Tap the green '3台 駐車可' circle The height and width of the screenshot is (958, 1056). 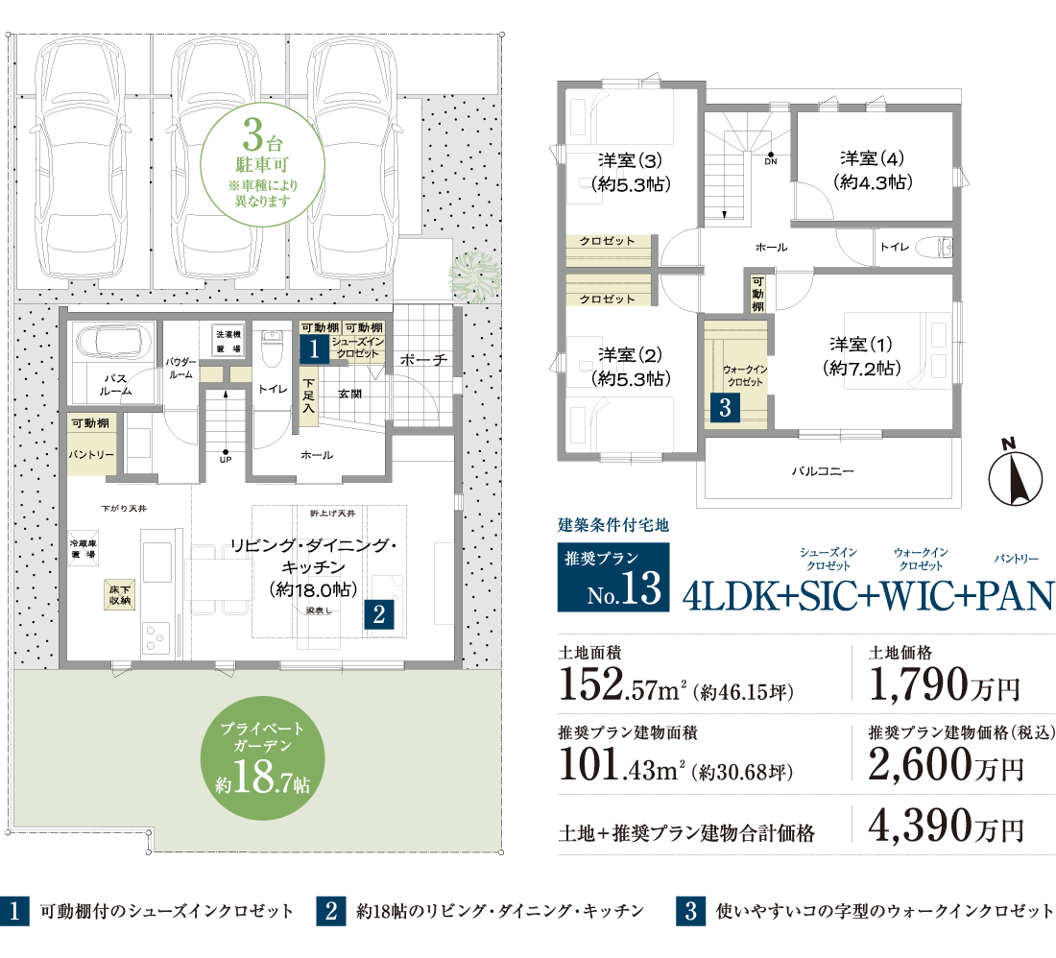[x=263, y=164]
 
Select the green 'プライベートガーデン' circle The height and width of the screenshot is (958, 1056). [x=263, y=758]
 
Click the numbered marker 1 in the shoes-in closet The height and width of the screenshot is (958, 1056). [x=314, y=348]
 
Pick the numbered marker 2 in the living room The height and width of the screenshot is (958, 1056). [x=378, y=614]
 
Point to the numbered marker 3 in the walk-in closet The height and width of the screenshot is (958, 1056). [x=725, y=407]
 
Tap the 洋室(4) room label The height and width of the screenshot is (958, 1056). [x=872, y=170]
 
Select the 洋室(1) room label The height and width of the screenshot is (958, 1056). [x=861, y=356]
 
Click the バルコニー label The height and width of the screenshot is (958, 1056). [x=823, y=471]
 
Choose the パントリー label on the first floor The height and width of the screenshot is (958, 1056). [x=91, y=455]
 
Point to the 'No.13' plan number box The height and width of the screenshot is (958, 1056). [x=612, y=577]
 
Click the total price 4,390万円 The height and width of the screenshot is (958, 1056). [x=946, y=826]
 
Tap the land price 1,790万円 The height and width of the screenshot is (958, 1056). [x=945, y=684]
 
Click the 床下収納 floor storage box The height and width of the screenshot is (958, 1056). [x=120, y=594]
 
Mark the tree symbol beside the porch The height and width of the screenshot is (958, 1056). [x=475, y=276]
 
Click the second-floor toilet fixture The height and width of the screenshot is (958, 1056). [x=938, y=247]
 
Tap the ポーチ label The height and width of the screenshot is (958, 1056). [x=423, y=360]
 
